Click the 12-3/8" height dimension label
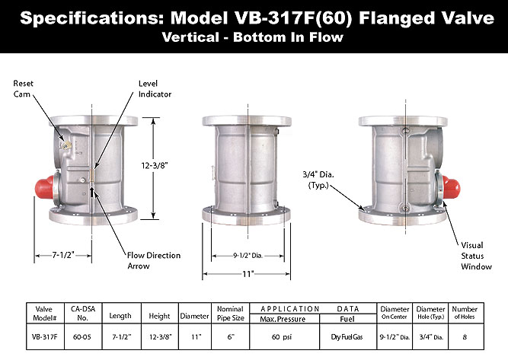154,165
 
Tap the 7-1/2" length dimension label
63,255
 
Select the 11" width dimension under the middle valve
248,274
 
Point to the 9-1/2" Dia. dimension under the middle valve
248,256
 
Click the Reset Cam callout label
23,89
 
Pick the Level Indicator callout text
155,89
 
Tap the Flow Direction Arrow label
154,260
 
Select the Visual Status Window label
476,256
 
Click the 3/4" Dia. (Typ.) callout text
318,180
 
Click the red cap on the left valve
45,187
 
